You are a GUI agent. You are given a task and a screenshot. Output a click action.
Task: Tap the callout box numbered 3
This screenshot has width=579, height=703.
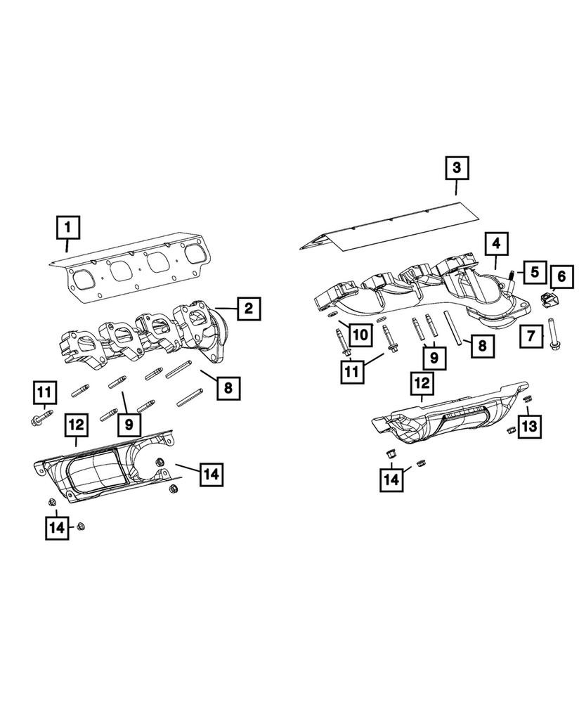coord(456,168)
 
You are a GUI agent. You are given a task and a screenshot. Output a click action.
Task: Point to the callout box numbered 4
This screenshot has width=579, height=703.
coord(496,244)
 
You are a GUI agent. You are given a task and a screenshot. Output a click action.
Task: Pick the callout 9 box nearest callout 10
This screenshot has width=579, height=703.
coord(434,358)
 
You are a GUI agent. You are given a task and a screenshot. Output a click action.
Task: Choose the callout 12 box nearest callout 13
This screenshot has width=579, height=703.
coord(423,385)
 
